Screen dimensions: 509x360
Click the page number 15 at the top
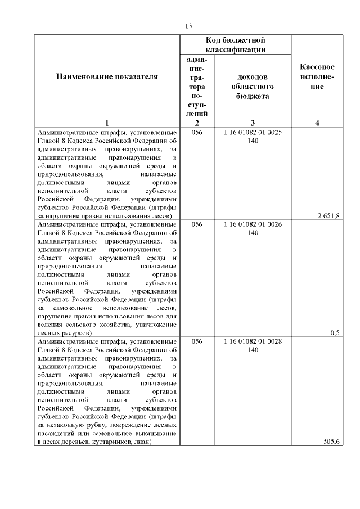point(188,26)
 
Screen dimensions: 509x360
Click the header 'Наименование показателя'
point(107,76)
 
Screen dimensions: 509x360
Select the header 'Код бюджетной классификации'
point(235,45)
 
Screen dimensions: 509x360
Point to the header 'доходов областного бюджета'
point(253,87)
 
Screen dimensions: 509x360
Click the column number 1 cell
point(107,123)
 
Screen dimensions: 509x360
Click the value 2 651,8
point(328,215)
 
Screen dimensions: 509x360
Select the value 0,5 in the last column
point(335,332)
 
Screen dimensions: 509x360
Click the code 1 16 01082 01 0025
point(253,132)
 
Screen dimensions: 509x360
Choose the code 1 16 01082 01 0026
point(253,224)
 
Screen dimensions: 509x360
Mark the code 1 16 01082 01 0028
point(253,341)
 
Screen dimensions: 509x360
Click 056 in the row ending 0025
point(197,132)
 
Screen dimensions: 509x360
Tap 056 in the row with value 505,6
point(197,341)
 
